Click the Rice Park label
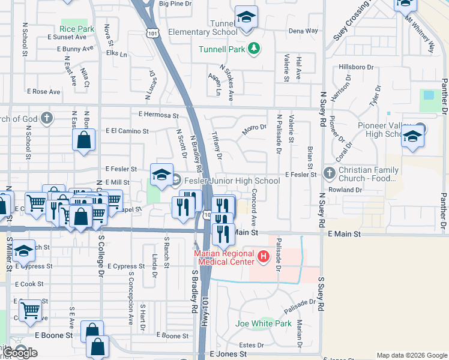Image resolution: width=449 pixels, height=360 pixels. coord(77,28)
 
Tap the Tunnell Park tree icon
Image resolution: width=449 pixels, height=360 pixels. coord(254,48)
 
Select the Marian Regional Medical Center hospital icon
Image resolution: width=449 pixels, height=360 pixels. coord(262,258)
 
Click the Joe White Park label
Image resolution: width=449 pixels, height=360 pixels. coord(264,323)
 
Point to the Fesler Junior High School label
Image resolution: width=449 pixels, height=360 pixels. coord(232,181)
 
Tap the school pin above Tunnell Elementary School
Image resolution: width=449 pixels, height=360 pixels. coord(246,17)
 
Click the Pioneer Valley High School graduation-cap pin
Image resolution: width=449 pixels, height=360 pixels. coord(412,137)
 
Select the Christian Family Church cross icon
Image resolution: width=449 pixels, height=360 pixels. coord(329,173)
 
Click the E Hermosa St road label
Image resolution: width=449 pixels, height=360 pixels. coord(158,115)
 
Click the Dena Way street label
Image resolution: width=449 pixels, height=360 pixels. coord(303,31)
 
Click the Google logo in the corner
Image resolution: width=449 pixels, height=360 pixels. coord(20,352)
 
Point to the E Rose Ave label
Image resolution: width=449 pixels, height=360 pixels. coord(44,92)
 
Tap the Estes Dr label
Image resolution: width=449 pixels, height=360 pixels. coord(252,345)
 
